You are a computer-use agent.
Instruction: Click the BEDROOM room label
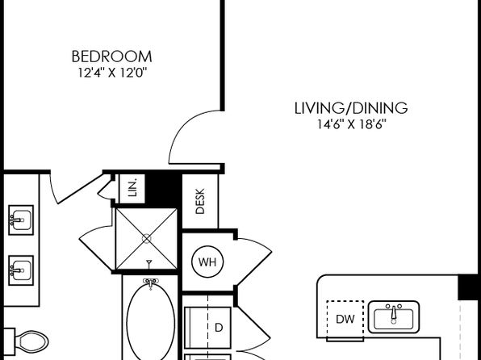point(111,57)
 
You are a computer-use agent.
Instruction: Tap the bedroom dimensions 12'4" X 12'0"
point(112,73)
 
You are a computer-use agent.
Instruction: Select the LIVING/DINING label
point(351,108)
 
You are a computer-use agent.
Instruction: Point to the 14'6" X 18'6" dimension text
point(351,124)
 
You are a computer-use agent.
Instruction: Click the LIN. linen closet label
point(132,188)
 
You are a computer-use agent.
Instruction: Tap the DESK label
point(200,201)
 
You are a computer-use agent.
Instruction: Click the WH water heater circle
point(207,262)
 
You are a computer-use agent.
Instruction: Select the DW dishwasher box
point(345,319)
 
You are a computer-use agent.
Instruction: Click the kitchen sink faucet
point(394,314)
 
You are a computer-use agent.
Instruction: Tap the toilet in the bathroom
point(31,341)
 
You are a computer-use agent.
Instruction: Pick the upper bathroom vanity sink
point(21,220)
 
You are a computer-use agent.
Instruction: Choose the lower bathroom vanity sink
point(21,270)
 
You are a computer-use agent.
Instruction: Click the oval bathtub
point(150,321)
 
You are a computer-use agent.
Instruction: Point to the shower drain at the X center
point(147,238)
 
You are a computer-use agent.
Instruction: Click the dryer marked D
point(207,328)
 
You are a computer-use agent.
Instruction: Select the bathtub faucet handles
point(150,283)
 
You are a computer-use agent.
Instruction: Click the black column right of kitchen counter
point(469,287)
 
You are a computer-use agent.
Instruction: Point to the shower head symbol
point(149,264)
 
